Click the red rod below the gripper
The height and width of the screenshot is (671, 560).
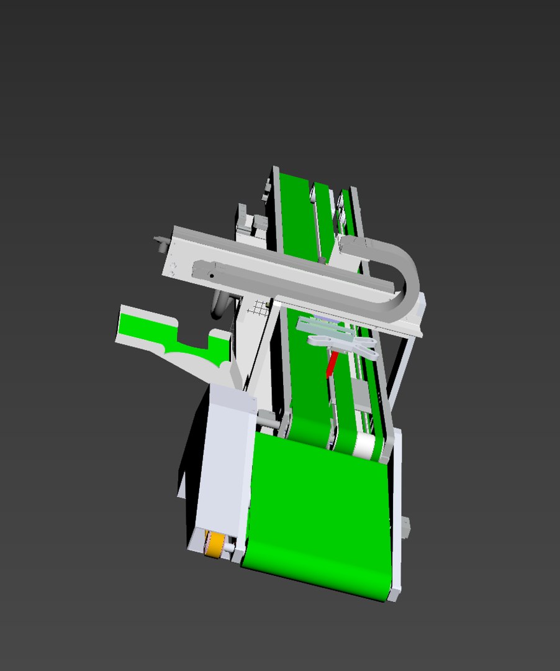click(x=332, y=364)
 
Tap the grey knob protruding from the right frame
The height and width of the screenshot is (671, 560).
click(x=405, y=527)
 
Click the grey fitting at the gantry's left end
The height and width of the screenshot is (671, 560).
click(x=162, y=242)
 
